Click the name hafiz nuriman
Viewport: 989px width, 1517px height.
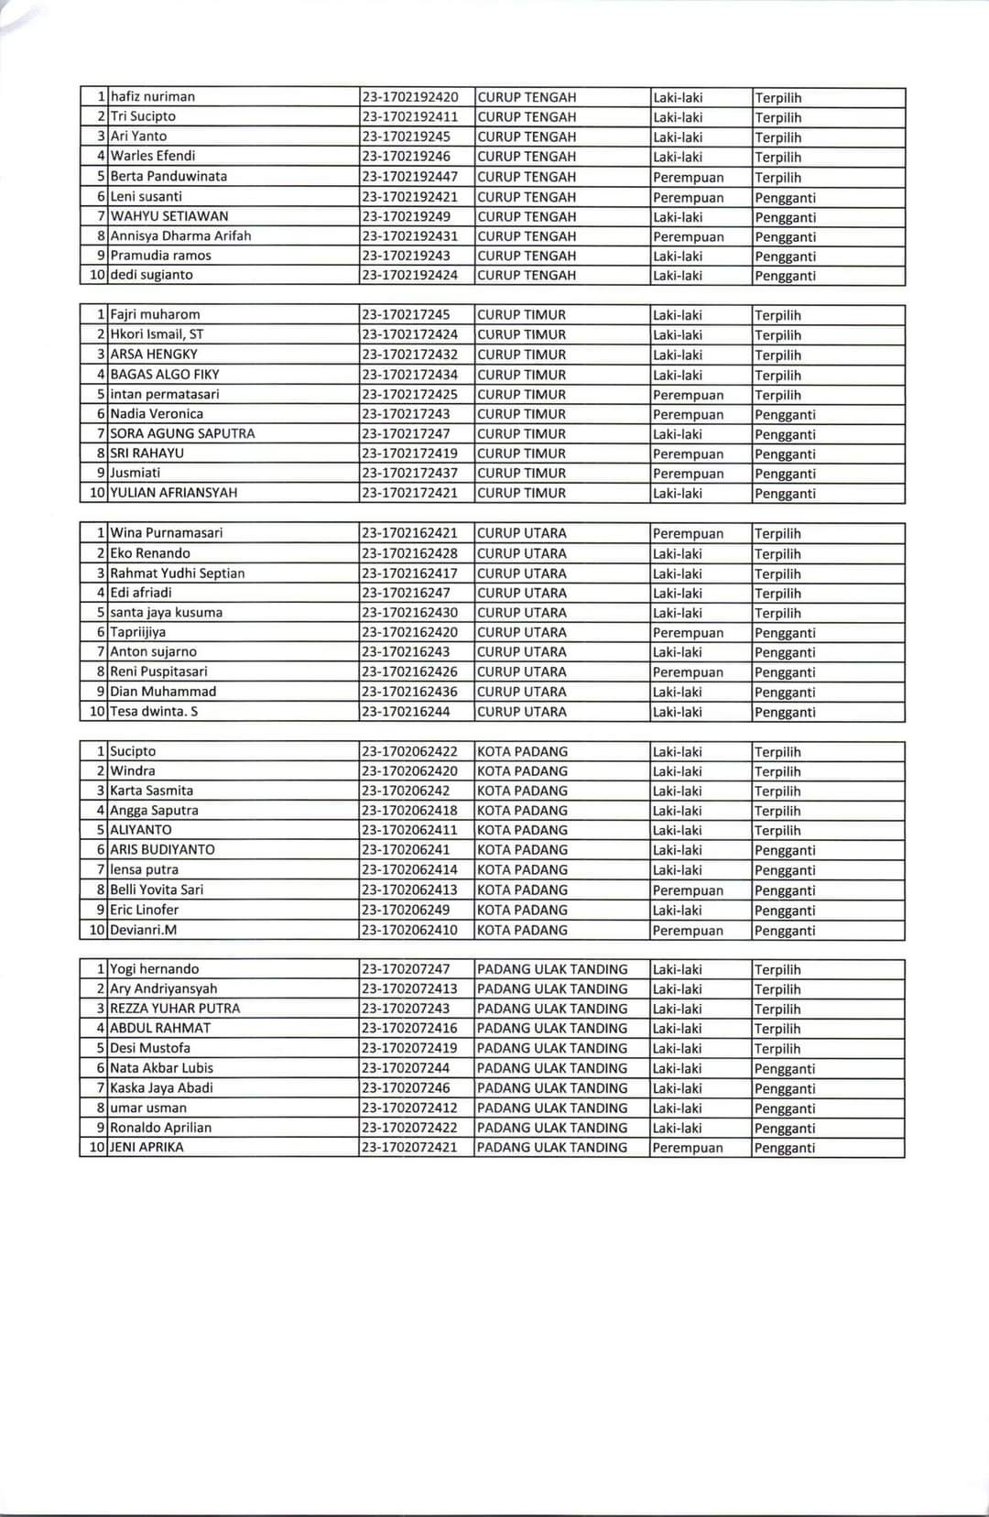[x=153, y=96]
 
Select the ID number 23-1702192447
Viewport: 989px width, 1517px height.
[x=409, y=176]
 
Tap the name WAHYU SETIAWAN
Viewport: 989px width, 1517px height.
[x=169, y=216]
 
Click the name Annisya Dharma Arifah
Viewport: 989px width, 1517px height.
[x=180, y=235]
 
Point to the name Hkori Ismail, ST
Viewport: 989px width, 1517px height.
[x=157, y=334]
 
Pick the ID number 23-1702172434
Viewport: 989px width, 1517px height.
[x=409, y=374]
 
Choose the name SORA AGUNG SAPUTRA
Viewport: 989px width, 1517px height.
[x=182, y=433]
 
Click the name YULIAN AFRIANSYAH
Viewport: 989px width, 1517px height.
[x=173, y=493]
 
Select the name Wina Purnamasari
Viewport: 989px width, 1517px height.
[x=166, y=533]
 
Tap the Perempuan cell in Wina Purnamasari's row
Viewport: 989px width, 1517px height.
[x=688, y=534]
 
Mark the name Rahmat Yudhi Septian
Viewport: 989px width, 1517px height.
[x=178, y=573]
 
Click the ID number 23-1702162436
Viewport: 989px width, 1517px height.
[x=409, y=692]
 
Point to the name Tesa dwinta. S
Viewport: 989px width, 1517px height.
[x=154, y=712]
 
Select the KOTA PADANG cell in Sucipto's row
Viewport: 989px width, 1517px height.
[x=522, y=751]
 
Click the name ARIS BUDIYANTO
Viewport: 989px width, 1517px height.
[x=162, y=849]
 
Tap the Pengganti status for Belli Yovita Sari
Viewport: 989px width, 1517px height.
[x=785, y=890]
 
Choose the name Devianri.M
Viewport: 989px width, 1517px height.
[x=143, y=930]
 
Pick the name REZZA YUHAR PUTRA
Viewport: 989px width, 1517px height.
[x=175, y=1009]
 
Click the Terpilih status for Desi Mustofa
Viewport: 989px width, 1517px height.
[x=777, y=1049]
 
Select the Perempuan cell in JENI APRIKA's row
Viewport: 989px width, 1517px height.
[x=688, y=1148]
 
